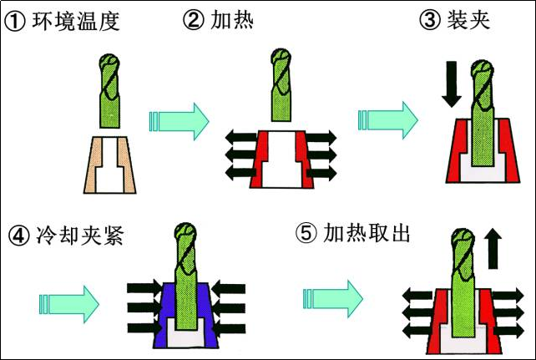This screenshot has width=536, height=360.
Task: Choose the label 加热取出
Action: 367,234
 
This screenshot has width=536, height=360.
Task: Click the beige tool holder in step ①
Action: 95,162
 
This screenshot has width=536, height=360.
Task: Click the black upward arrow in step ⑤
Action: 492,250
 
